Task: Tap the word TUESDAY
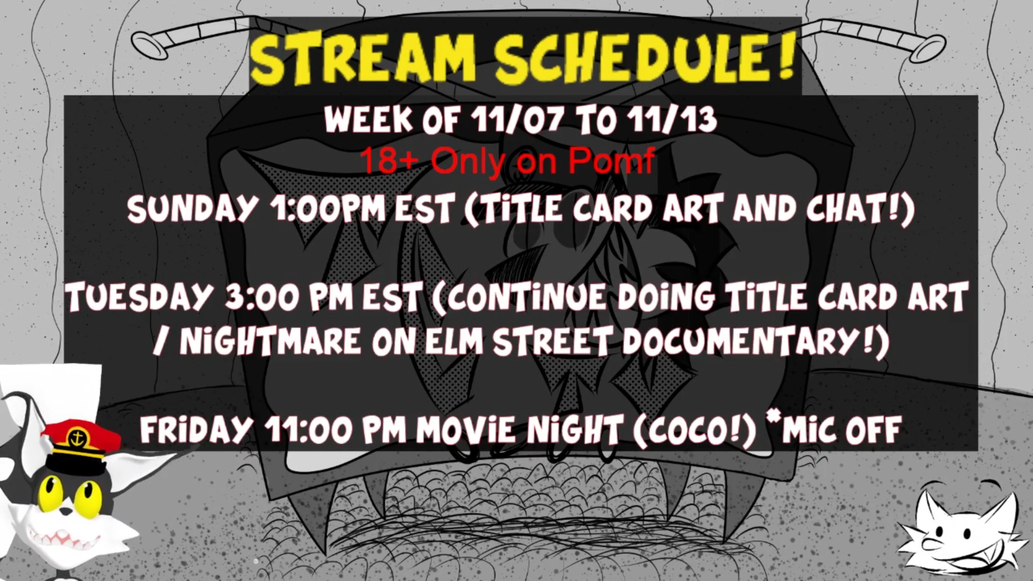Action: [x=138, y=297]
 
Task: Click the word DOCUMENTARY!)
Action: [x=756, y=342]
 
